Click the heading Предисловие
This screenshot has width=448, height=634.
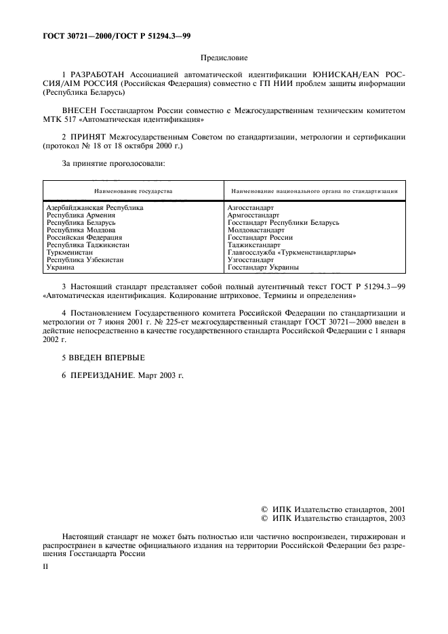(224, 59)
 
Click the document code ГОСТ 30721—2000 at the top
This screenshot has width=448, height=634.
(71, 36)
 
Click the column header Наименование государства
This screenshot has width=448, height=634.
(133, 191)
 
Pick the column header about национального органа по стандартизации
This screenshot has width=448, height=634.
(314, 191)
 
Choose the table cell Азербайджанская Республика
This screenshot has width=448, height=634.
(94, 207)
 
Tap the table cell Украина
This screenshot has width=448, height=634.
(60, 267)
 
